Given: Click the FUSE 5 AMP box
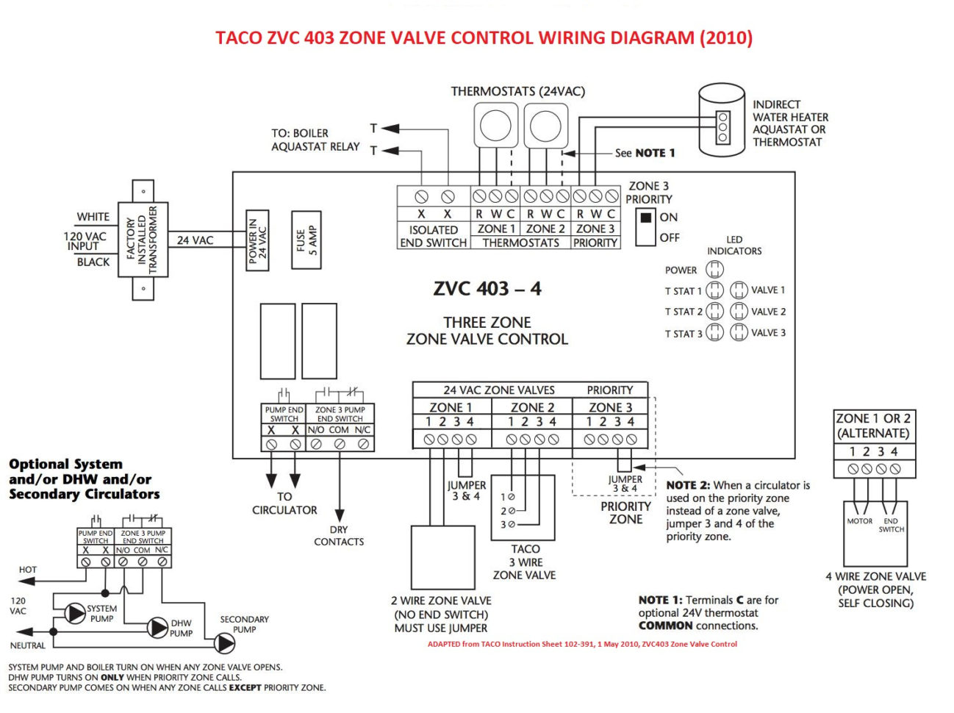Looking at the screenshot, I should point(306,240).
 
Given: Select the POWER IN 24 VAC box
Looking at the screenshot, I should point(257,240).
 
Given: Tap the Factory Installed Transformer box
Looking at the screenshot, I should point(143,240).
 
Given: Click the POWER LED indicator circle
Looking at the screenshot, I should point(714,270).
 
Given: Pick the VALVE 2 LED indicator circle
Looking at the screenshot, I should point(739,312).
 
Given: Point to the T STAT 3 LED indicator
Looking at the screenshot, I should point(714,333).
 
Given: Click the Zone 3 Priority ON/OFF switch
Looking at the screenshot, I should point(646,227).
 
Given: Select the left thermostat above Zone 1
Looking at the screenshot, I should point(495,125).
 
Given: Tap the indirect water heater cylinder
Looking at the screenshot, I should point(721,120).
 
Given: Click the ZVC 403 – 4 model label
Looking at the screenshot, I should point(487,289).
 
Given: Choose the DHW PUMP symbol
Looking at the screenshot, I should point(158,627).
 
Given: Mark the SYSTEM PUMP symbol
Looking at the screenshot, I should point(75,613).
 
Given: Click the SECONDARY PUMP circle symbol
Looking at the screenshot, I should point(225,643).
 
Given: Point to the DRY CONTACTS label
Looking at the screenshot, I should point(338,536).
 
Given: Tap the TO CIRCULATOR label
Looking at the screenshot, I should point(284,503).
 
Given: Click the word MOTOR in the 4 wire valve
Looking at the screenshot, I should point(859,521).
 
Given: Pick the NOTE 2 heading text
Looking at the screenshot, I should point(688,485).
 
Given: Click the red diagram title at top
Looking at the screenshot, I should point(484,37).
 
